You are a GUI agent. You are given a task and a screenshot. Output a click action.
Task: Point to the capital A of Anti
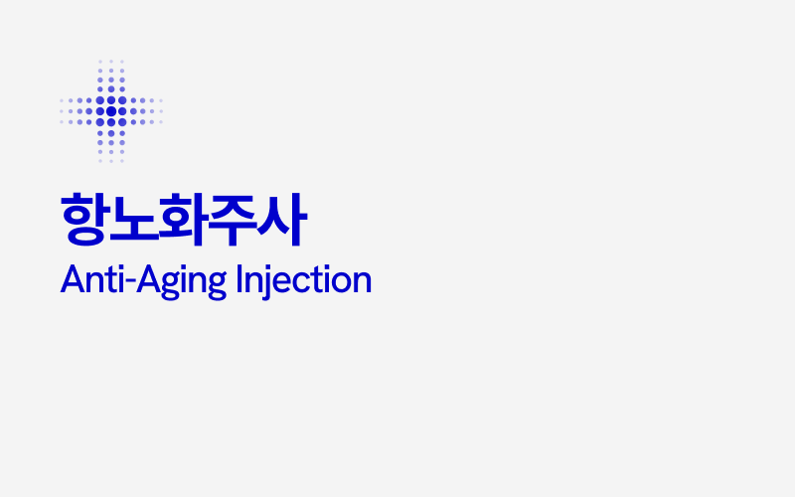[70, 279]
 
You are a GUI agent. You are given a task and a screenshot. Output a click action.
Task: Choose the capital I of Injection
[240, 279]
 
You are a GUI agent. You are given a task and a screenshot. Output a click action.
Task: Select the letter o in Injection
[341, 282]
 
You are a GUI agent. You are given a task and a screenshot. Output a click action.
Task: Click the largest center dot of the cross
[111, 110]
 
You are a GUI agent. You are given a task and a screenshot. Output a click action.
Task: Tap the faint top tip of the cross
[111, 62]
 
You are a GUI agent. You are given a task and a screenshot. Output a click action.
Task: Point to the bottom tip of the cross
[111, 159]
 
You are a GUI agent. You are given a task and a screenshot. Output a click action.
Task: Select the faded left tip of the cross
[63, 110]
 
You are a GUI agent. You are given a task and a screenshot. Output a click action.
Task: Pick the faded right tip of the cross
[160, 110]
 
